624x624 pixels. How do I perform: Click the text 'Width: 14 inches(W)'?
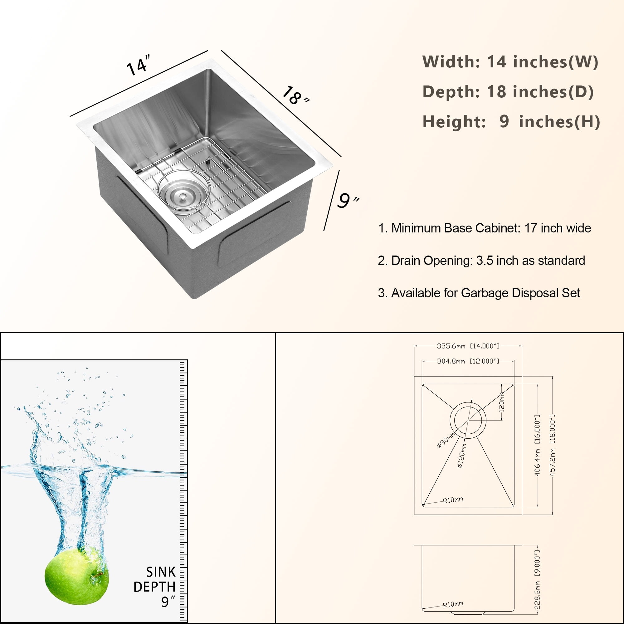click(x=510, y=62)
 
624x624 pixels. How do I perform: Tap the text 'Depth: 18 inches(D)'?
click(x=508, y=92)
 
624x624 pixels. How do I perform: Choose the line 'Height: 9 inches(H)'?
click(x=511, y=122)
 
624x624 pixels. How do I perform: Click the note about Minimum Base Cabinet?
click(x=485, y=228)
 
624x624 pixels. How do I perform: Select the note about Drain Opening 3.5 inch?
click(x=481, y=261)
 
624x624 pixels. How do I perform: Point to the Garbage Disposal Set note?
click(x=479, y=293)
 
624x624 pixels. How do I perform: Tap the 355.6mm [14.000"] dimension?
click(x=468, y=346)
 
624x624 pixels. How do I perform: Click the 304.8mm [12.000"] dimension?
click(x=468, y=361)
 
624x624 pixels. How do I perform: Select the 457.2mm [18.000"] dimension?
click(x=553, y=446)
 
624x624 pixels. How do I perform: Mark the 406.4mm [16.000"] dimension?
click(x=538, y=446)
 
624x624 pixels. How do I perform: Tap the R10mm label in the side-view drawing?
click(x=453, y=604)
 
